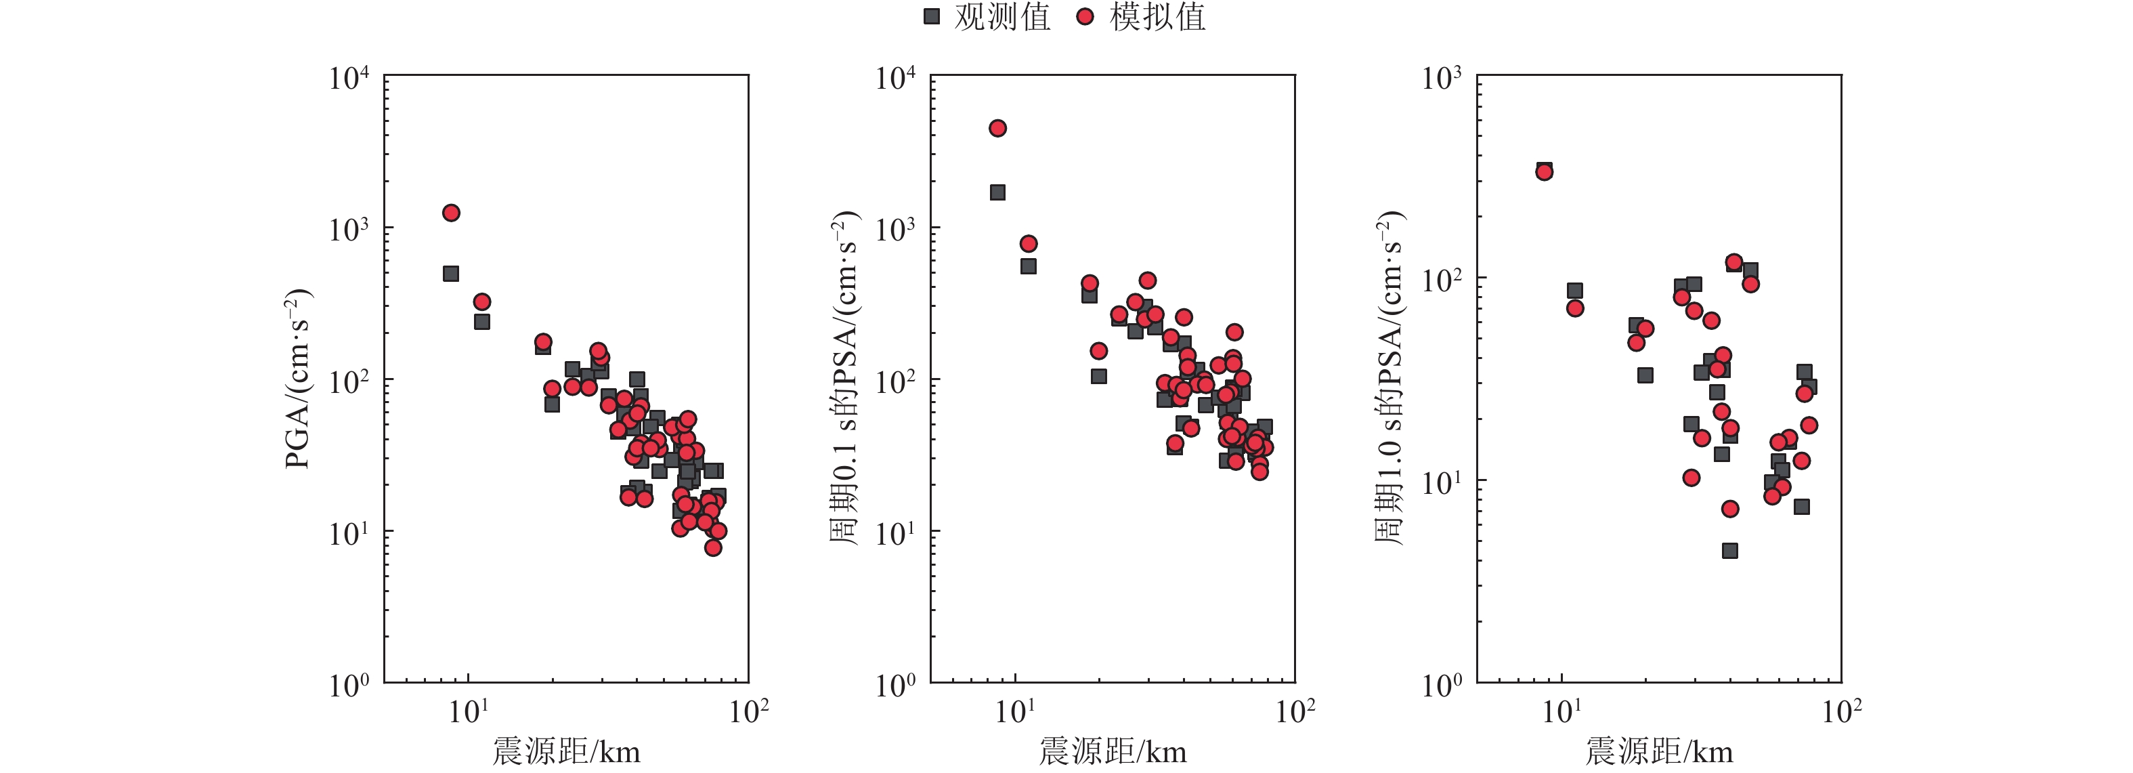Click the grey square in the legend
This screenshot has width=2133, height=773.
[x=932, y=16]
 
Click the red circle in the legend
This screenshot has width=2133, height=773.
[x=1085, y=16]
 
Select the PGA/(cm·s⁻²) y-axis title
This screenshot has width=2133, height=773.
[x=298, y=379]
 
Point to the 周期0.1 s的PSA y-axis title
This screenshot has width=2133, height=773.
[x=844, y=379]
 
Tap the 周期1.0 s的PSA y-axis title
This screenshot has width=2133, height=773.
[x=1391, y=379]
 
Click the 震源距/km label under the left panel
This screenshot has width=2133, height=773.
[x=566, y=751]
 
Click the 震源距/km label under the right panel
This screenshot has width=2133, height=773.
[x=1660, y=751]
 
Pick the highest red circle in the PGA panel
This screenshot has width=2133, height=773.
[x=451, y=213]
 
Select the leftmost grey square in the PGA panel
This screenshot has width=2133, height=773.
[x=451, y=274]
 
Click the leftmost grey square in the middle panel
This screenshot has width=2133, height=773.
[x=998, y=192]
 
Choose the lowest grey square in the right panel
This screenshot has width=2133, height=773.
[x=1729, y=551]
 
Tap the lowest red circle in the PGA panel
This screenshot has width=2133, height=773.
[x=714, y=547]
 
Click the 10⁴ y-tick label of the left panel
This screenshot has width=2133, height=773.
[x=349, y=79]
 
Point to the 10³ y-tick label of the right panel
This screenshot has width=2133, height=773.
[x=1442, y=79]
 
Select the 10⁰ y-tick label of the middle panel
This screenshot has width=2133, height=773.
[x=896, y=685]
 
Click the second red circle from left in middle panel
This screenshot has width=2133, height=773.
[x=1029, y=244]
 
